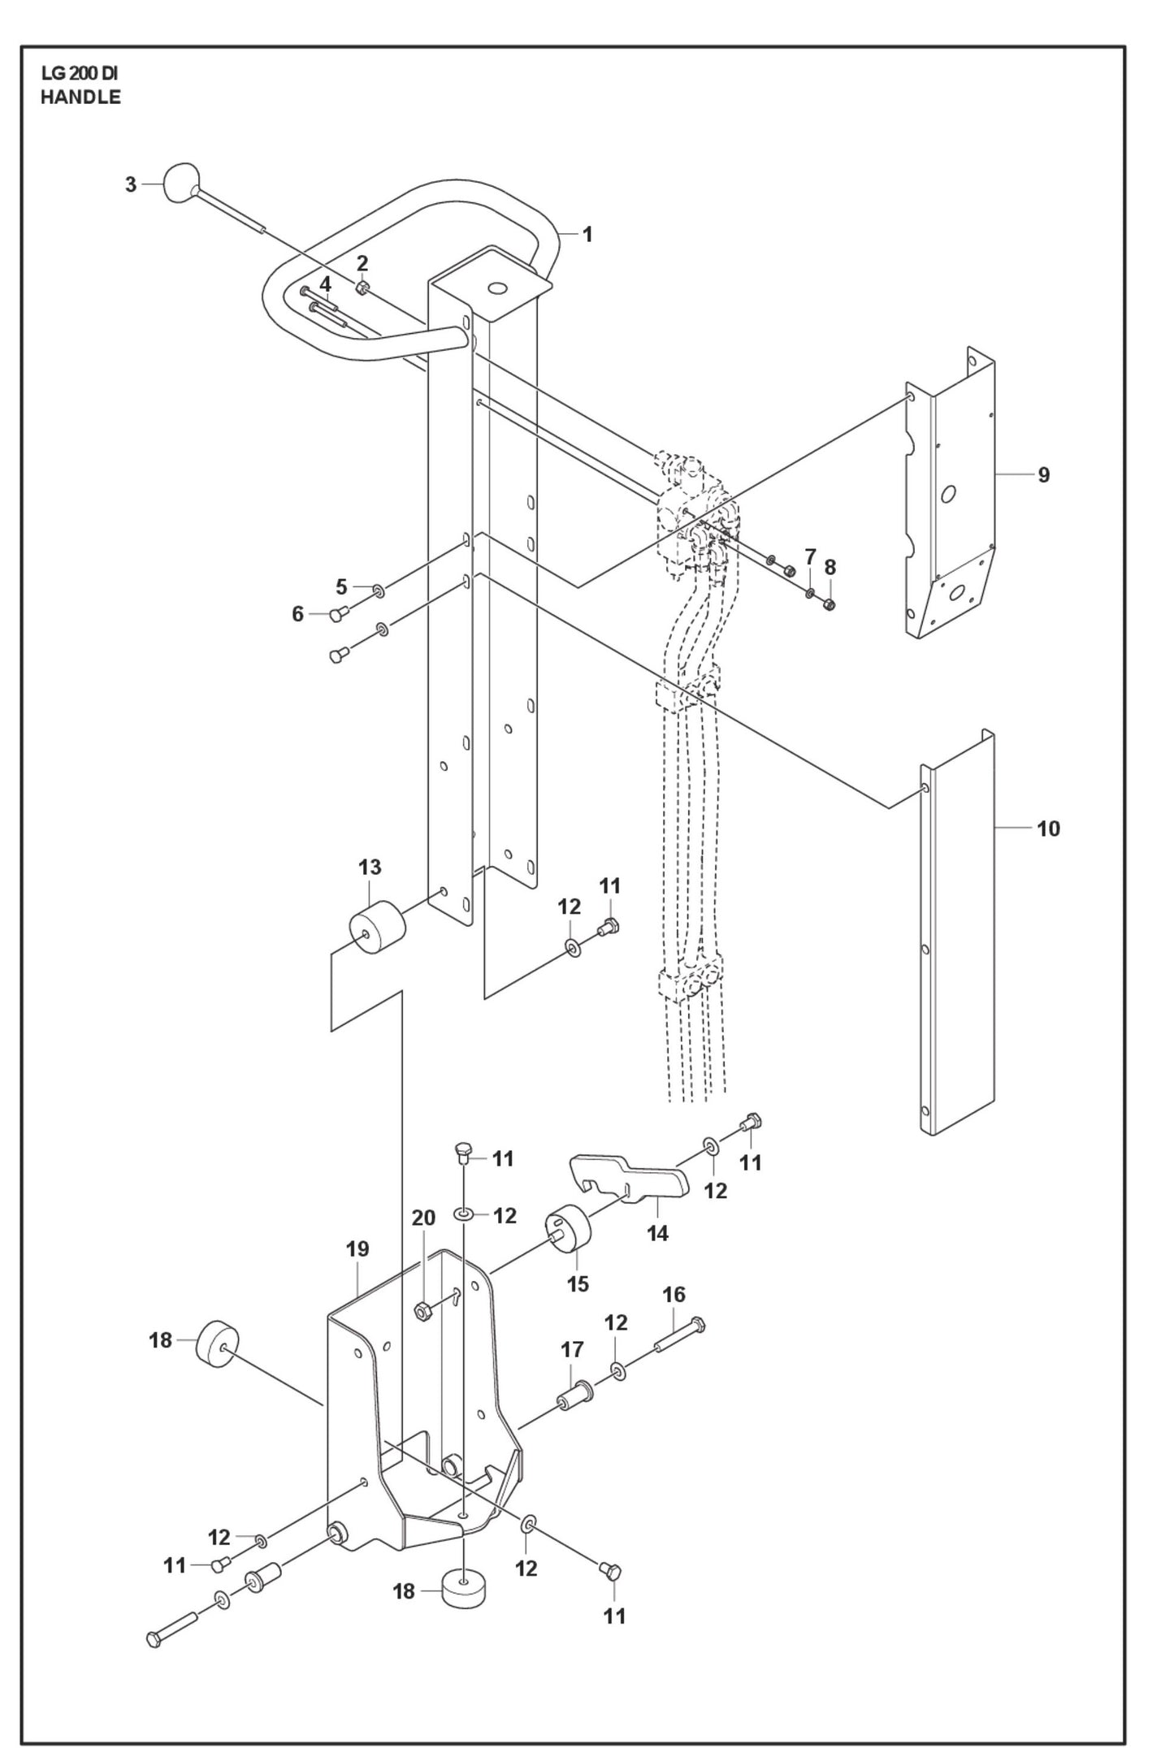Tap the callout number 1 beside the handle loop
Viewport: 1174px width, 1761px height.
[587, 235]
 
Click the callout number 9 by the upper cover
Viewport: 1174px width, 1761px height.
[1044, 474]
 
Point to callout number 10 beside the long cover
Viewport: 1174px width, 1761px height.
[1048, 829]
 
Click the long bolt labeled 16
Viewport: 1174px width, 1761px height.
[678, 1335]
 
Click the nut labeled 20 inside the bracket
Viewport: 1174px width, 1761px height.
[422, 1309]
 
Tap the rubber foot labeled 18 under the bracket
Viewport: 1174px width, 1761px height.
[462, 1586]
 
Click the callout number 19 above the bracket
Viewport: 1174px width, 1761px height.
[357, 1248]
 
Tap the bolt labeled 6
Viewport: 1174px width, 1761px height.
[338, 615]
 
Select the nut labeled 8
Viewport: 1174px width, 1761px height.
[830, 604]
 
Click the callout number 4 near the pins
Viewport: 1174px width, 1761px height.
[325, 284]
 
